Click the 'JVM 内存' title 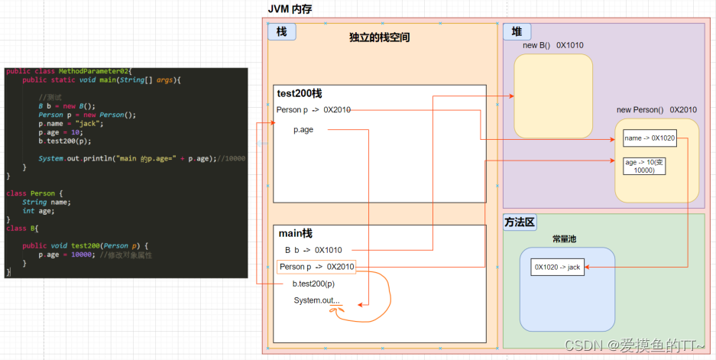(x=290, y=8)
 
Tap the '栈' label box (x=280, y=31)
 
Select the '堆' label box (x=517, y=32)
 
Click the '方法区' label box (x=520, y=222)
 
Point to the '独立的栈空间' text (x=379, y=37)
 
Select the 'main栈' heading (x=295, y=233)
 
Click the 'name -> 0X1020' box (x=649, y=138)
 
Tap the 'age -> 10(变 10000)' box (x=644, y=166)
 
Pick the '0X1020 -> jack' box (x=558, y=267)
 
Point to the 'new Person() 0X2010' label (x=656, y=110)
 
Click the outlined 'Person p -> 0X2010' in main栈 (x=316, y=267)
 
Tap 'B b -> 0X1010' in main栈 (x=313, y=250)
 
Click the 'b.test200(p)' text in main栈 (x=313, y=284)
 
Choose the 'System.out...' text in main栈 (x=316, y=300)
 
